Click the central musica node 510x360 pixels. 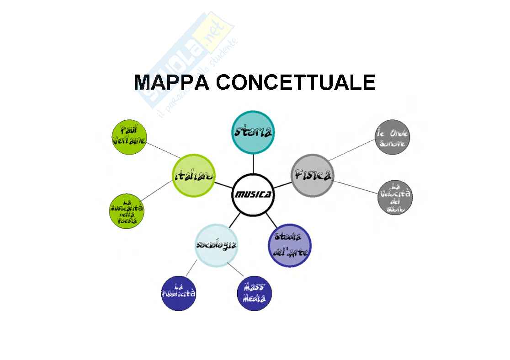(253, 194)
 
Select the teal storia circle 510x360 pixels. (253, 132)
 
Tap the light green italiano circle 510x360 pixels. (194, 176)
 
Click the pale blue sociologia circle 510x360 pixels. (216, 244)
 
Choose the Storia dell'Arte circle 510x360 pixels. (290, 245)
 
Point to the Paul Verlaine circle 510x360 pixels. (129, 136)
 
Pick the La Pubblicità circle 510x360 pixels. (179, 293)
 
